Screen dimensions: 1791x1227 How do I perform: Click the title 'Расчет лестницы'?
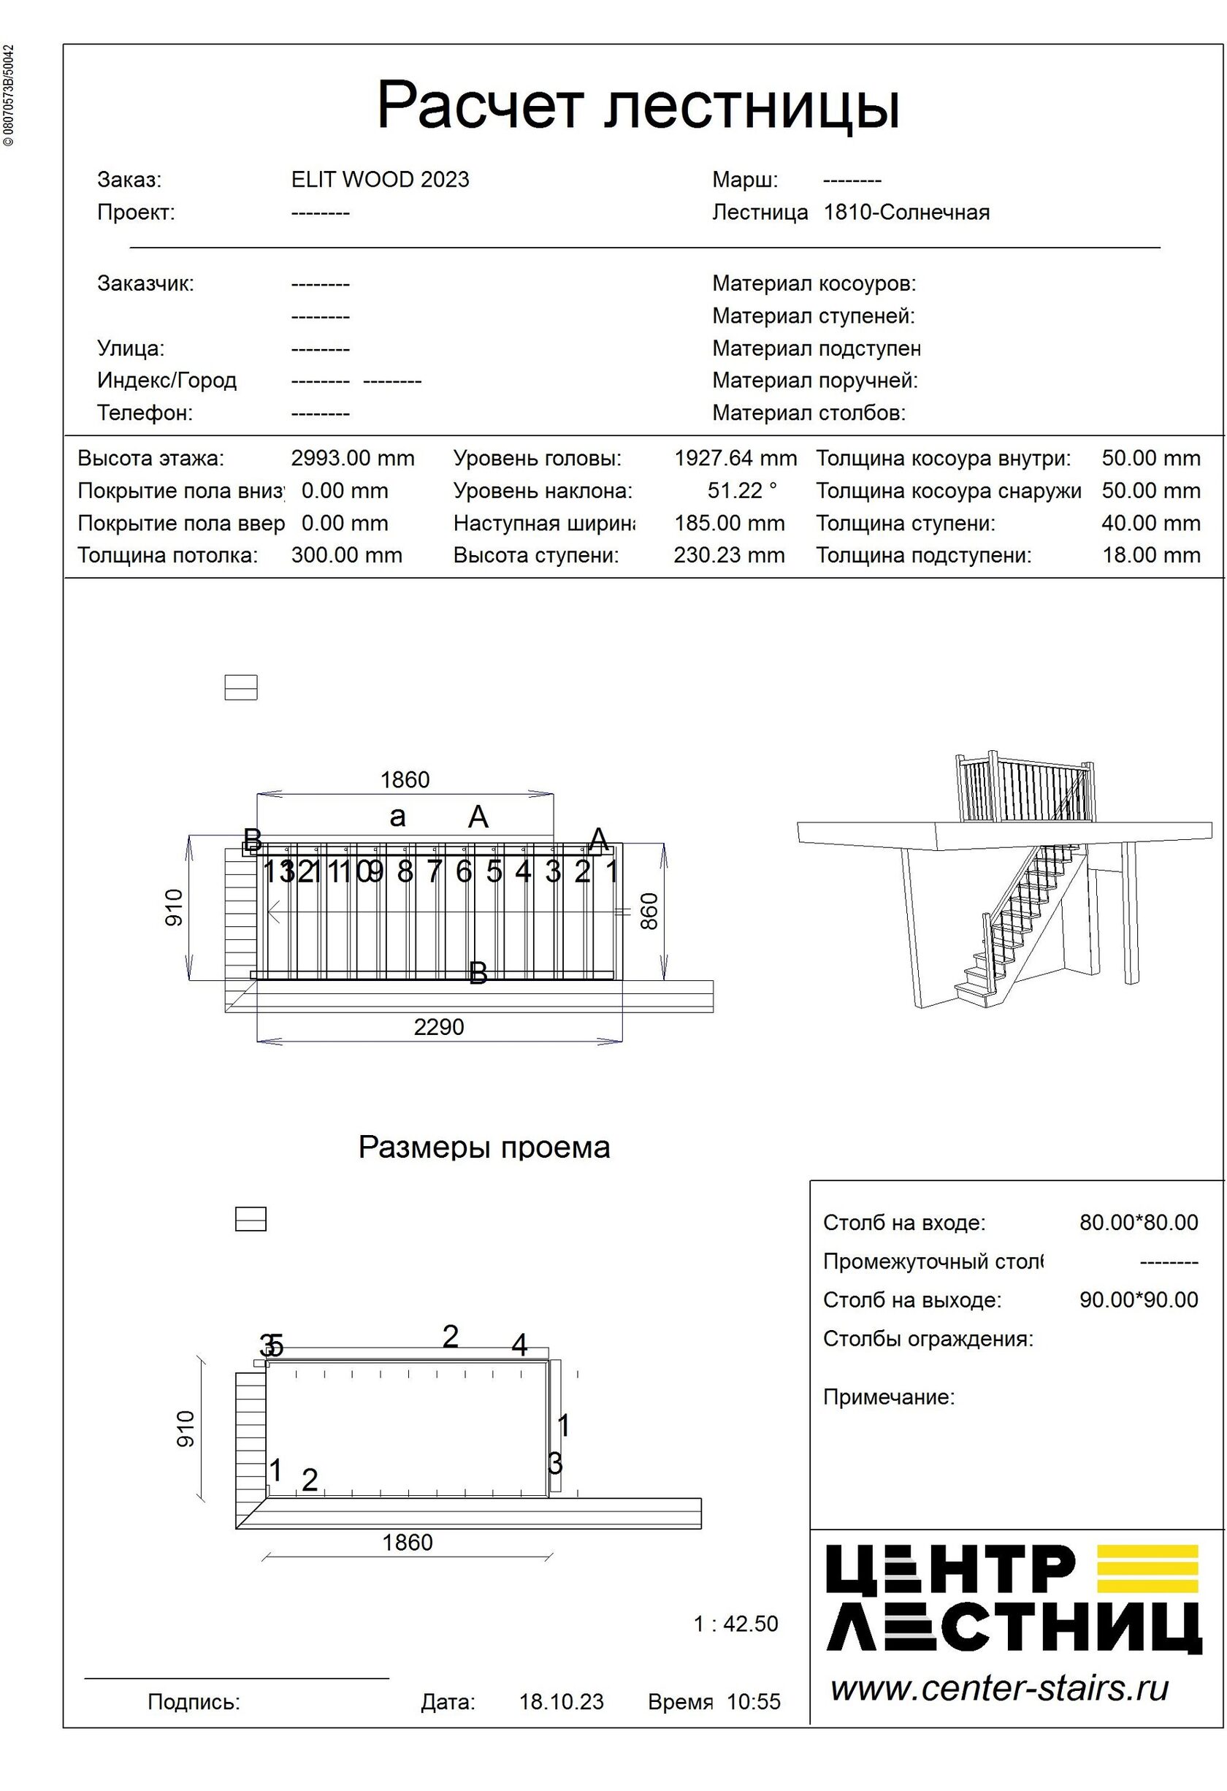point(638,106)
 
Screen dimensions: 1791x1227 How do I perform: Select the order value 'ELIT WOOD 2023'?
point(380,180)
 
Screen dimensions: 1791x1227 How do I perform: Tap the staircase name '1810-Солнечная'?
point(906,212)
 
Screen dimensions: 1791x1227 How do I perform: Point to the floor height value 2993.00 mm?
point(352,459)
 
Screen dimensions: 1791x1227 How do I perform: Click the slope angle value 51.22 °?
point(742,491)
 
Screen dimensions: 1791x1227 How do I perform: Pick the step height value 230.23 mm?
point(729,555)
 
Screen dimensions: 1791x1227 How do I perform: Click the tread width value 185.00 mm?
point(729,523)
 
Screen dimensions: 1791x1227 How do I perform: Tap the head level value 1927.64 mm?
point(735,459)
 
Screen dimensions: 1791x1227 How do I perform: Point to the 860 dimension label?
point(650,911)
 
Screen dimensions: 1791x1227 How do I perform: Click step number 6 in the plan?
point(463,871)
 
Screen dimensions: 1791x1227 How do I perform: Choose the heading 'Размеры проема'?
point(484,1147)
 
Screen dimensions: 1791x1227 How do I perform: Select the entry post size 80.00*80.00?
point(1139,1223)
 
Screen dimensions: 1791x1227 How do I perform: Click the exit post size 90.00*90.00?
point(1139,1300)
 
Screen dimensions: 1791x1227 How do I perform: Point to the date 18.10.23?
point(561,1702)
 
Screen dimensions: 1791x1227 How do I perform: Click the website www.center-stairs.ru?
point(1000,1689)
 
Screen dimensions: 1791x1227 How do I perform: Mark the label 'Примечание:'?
point(889,1397)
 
